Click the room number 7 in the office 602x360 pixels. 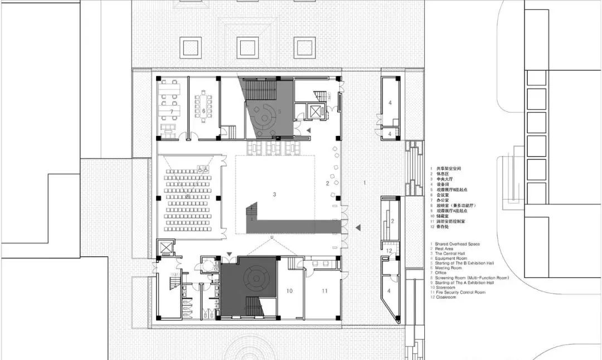point(172,112)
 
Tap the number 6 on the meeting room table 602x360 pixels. point(203,111)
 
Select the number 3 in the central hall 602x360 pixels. point(274,194)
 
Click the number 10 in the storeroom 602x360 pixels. point(289,291)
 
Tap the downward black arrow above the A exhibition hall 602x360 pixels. point(230,256)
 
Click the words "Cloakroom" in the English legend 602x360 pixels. point(445,297)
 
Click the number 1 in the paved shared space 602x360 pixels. point(365,183)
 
